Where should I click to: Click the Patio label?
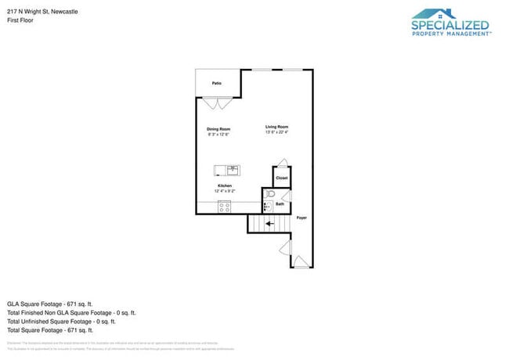click(x=216, y=82)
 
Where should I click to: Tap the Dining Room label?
click(x=218, y=128)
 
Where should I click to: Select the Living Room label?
click(x=276, y=127)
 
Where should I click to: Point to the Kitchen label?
click(x=225, y=185)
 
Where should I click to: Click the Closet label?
click(x=282, y=178)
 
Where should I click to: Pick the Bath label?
click(x=280, y=204)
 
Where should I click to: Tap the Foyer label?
click(x=301, y=218)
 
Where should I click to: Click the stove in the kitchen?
click(x=225, y=207)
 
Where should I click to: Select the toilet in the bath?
click(x=269, y=193)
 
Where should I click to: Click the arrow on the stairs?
click(x=269, y=224)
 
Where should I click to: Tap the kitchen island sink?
click(x=233, y=170)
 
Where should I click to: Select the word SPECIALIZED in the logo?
click(x=450, y=26)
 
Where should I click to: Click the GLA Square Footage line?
click(x=50, y=303)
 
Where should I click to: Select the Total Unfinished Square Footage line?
click(x=62, y=321)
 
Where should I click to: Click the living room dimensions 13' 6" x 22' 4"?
click(x=276, y=132)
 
